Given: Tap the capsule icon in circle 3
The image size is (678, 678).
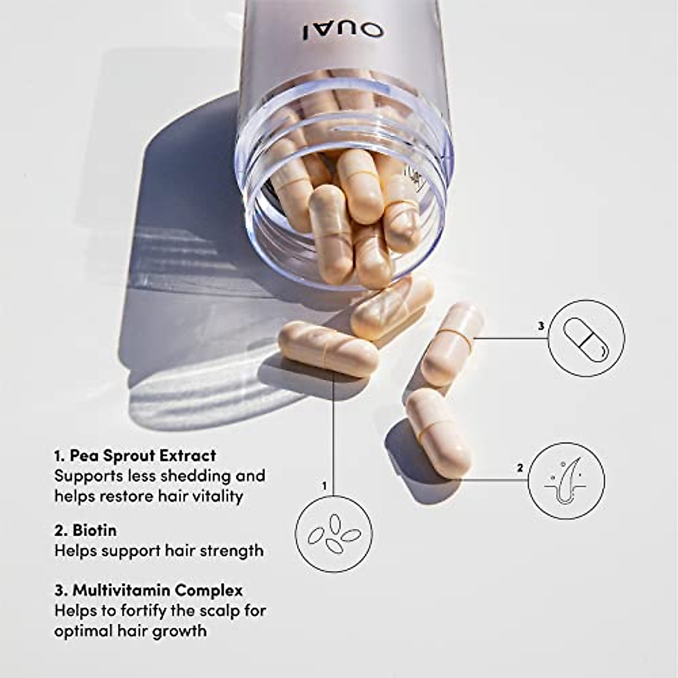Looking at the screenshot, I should click(x=587, y=338).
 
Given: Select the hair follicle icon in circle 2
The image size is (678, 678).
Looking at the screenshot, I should click(x=566, y=481).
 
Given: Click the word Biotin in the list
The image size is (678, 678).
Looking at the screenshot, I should click(x=94, y=531).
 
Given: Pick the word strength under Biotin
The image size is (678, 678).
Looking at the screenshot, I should click(x=232, y=550).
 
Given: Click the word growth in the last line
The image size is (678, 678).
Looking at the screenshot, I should click(x=180, y=631).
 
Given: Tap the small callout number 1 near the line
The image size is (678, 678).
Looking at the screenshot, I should click(x=324, y=485).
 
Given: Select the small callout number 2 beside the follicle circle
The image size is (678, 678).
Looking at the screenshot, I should click(x=519, y=468).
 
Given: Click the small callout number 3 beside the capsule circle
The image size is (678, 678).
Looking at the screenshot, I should click(x=541, y=326).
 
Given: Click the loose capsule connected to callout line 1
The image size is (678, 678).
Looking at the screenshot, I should click(x=327, y=349).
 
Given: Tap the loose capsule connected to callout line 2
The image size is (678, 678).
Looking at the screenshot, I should click(x=438, y=432).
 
